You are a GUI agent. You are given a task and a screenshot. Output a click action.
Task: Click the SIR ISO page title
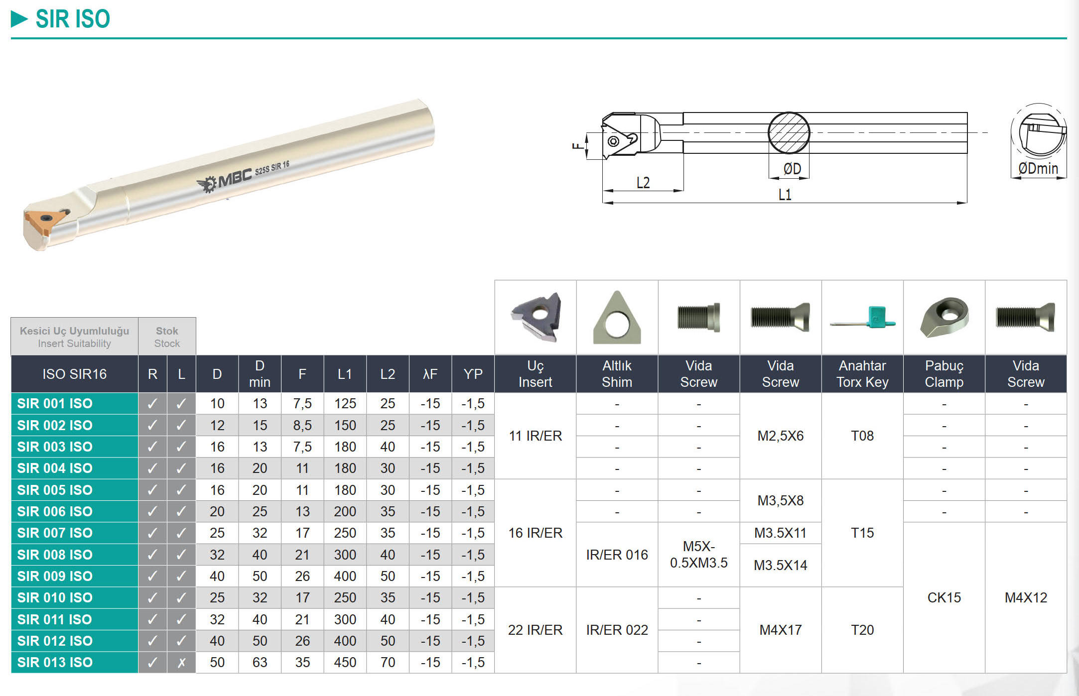point(73,19)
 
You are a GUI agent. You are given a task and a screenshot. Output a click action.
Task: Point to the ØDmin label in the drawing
point(1038,169)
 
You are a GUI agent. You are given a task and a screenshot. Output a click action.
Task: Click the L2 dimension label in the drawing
point(643,183)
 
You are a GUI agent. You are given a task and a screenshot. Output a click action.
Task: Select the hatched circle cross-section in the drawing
point(789,133)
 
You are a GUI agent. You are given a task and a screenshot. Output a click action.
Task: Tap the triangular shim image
point(617,318)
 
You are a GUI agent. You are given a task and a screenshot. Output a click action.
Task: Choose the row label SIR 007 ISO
point(55,533)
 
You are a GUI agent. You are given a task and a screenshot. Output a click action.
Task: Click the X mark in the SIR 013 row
point(181,663)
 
